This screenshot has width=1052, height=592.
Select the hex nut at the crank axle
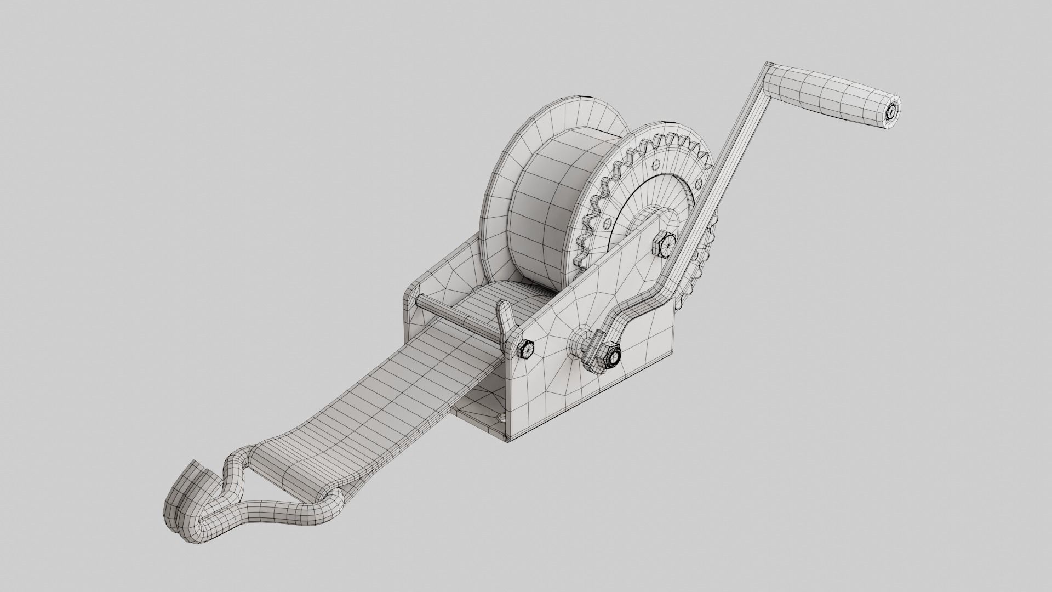[x=611, y=357]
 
